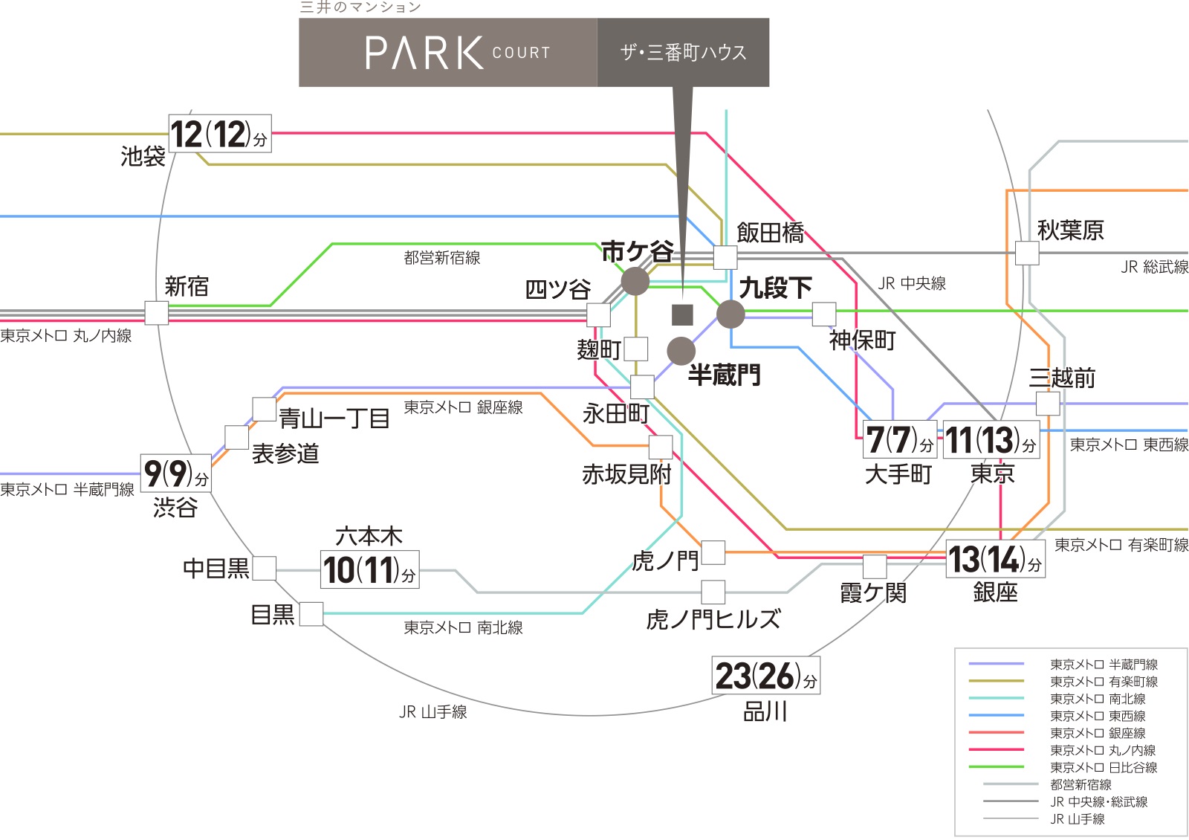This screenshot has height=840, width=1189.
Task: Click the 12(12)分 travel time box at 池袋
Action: click(x=220, y=133)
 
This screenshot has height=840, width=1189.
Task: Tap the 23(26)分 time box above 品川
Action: click(x=766, y=675)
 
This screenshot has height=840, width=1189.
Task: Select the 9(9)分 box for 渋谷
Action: click(x=175, y=473)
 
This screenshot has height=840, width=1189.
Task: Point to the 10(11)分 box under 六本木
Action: click(x=369, y=569)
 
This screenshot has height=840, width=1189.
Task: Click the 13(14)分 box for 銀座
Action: click(x=995, y=558)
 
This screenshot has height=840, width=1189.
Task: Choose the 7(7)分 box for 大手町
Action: click(x=900, y=439)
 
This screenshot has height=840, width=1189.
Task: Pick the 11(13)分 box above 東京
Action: click(x=991, y=439)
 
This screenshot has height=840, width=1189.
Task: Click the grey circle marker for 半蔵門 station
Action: click(x=681, y=350)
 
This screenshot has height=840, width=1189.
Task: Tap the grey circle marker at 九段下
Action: click(x=731, y=314)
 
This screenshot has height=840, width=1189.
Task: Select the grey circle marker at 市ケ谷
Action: click(x=635, y=281)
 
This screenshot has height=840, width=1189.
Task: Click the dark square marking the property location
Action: click(x=683, y=315)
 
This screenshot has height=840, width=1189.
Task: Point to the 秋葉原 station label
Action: click(x=1070, y=230)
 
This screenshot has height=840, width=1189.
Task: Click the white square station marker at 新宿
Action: click(x=157, y=313)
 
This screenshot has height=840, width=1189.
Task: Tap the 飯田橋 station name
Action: click(x=770, y=233)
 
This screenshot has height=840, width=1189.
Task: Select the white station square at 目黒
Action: click(x=311, y=614)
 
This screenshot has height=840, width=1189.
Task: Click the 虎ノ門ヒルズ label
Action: click(x=713, y=619)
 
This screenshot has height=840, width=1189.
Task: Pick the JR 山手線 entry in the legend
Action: click(x=1043, y=818)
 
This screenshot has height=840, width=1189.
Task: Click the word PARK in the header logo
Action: click(x=424, y=53)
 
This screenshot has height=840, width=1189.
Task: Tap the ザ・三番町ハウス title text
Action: click(x=684, y=53)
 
